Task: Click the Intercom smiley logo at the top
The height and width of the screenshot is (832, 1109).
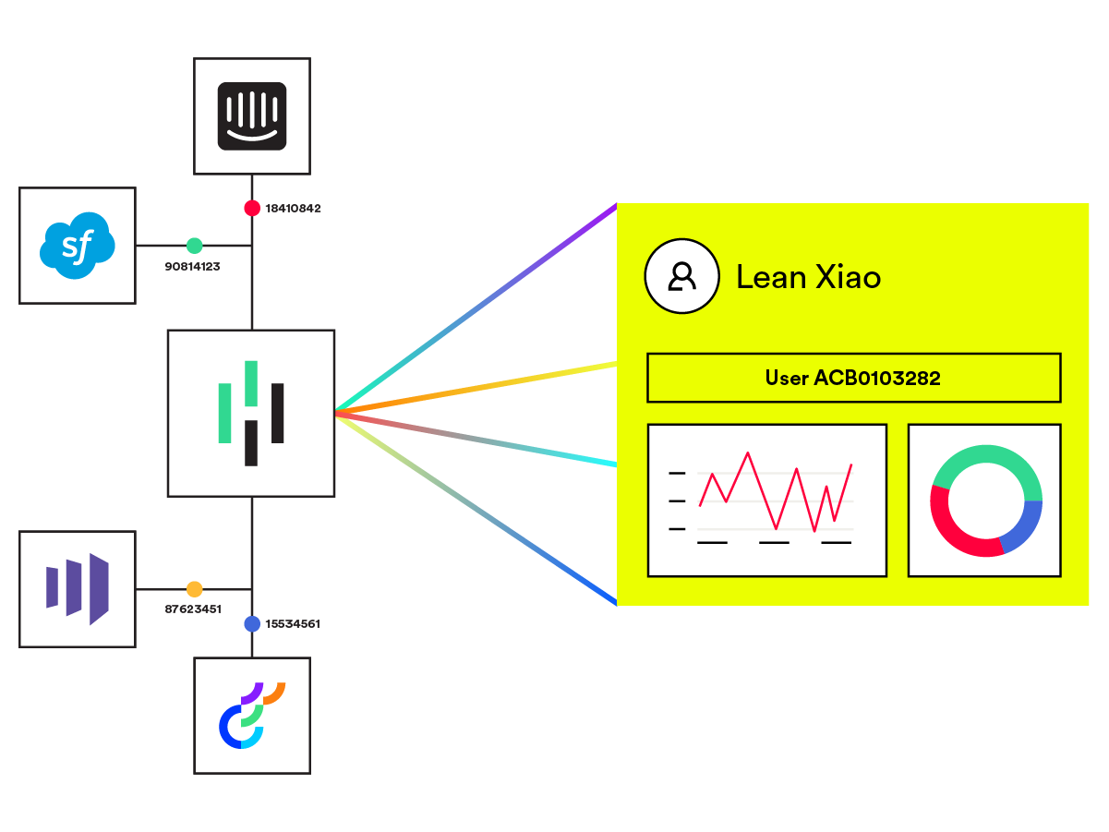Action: pyautogui.click(x=252, y=116)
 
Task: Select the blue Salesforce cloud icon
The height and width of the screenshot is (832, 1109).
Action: pyautogui.click(x=78, y=246)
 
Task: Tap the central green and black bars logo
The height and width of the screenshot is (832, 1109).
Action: pyautogui.click(x=251, y=413)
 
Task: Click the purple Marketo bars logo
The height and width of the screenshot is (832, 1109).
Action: pyautogui.click(x=78, y=588)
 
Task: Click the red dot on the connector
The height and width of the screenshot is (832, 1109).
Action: pyautogui.click(x=251, y=208)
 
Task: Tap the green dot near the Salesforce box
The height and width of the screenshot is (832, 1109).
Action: pyautogui.click(x=194, y=246)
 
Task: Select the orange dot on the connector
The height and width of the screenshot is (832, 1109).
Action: pyautogui.click(x=194, y=589)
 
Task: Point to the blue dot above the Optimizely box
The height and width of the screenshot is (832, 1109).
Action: pyautogui.click(x=251, y=624)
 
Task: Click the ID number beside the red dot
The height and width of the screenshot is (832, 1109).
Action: pyautogui.click(x=293, y=209)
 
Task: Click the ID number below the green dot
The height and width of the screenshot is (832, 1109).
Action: pyautogui.click(x=192, y=266)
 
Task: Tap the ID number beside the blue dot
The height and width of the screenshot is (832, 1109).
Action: pyautogui.click(x=293, y=624)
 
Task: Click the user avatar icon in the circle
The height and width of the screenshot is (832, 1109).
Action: pyautogui.click(x=682, y=276)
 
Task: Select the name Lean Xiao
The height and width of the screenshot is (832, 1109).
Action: pyautogui.click(x=808, y=277)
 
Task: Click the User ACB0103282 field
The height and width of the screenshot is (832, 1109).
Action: pyautogui.click(x=853, y=378)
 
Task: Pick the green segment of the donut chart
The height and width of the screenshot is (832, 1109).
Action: pyautogui.click(x=986, y=457)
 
